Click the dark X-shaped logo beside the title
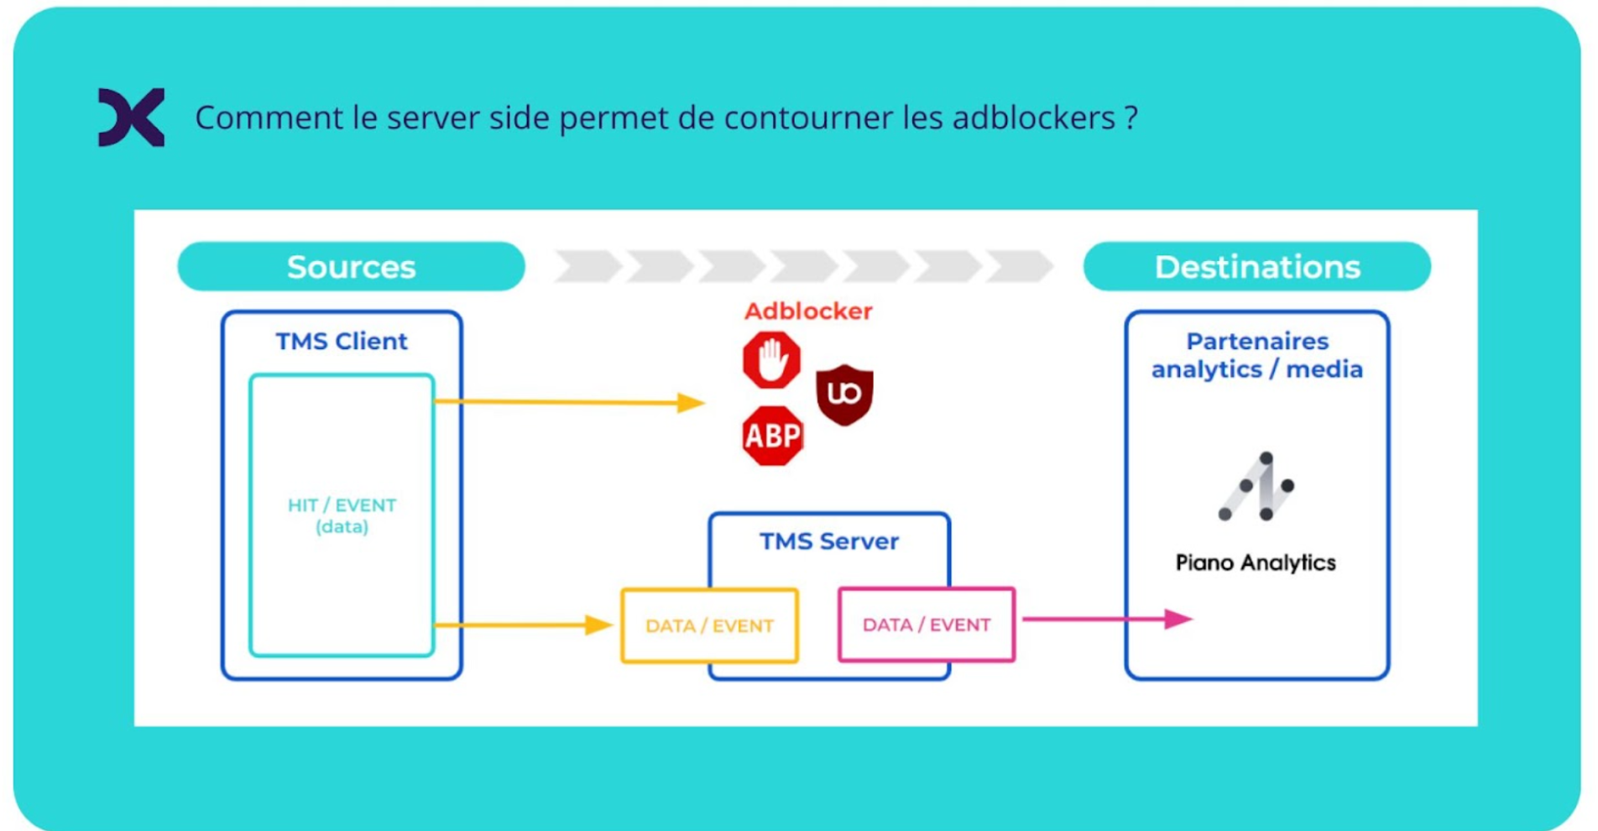[131, 118]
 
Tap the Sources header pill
[351, 267]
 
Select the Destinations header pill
[1256, 267]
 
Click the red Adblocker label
[807, 311]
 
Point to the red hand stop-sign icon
[771, 360]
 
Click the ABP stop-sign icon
[772, 436]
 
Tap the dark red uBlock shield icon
[844, 395]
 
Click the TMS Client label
[342, 342]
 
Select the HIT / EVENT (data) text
[342, 515]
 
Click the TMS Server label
[828, 541]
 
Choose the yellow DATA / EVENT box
[709, 625]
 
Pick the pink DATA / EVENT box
[927, 625]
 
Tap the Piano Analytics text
[1255, 562]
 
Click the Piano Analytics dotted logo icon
[1256, 487]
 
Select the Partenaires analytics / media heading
[1256, 355]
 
